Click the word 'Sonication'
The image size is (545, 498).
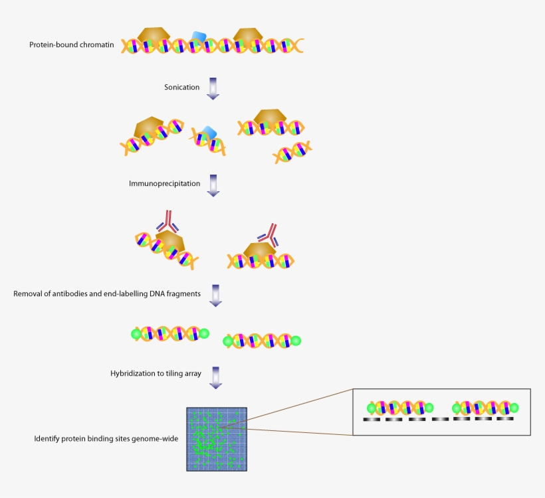pyautogui.click(x=182, y=87)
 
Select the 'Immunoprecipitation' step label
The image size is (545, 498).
pyautogui.click(x=164, y=183)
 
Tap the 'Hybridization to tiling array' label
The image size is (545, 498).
pyautogui.click(x=156, y=374)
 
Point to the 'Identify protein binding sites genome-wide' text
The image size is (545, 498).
pyautogui.click(x=106, y=439)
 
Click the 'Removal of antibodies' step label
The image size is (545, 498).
pyautogui.click(x=107, y=293)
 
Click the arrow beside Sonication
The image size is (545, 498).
pyautogui.click(x=213, y=88)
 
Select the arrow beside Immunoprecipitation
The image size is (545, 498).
pyautogui.click(x=213, y=185)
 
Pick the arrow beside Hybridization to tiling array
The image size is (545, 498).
pyautogui.click(x=215, y=376)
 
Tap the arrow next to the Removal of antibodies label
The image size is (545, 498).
pyautogui.click(x=215, y=295)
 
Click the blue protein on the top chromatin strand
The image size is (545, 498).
pyautogui.click(x=199, y=37)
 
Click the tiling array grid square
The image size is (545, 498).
pyautogui.click(x=217, y=439)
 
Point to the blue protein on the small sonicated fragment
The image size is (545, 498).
pyautogui.click(x=209, y=131)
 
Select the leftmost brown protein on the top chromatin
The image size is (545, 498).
pyautogui.click(x=154, y=37)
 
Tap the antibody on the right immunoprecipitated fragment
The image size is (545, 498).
pyautogui.click(x=268, y=233)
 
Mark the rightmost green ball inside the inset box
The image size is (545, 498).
pyautogui.click(x=514, y=407)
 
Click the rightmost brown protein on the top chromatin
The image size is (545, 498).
pyautogui.click(x=249, y=37)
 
